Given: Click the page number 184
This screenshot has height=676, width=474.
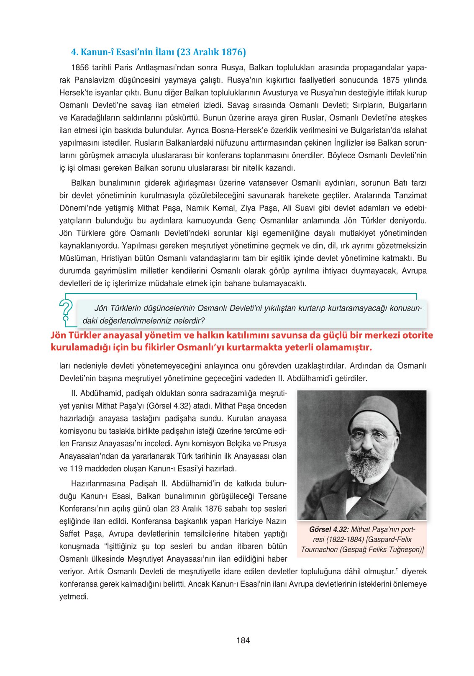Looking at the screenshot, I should pos(243,640).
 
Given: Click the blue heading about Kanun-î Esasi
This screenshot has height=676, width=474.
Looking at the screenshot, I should pos(158,52).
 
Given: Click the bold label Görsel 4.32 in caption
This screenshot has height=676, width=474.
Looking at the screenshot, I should pos(328,529).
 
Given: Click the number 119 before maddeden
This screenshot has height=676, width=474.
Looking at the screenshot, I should pos(76,468).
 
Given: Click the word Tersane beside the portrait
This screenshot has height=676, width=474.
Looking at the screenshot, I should pos(272,496).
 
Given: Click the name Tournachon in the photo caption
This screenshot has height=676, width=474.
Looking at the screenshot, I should pos(320,550).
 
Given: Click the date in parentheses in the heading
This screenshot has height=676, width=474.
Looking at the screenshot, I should pos(211,52).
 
